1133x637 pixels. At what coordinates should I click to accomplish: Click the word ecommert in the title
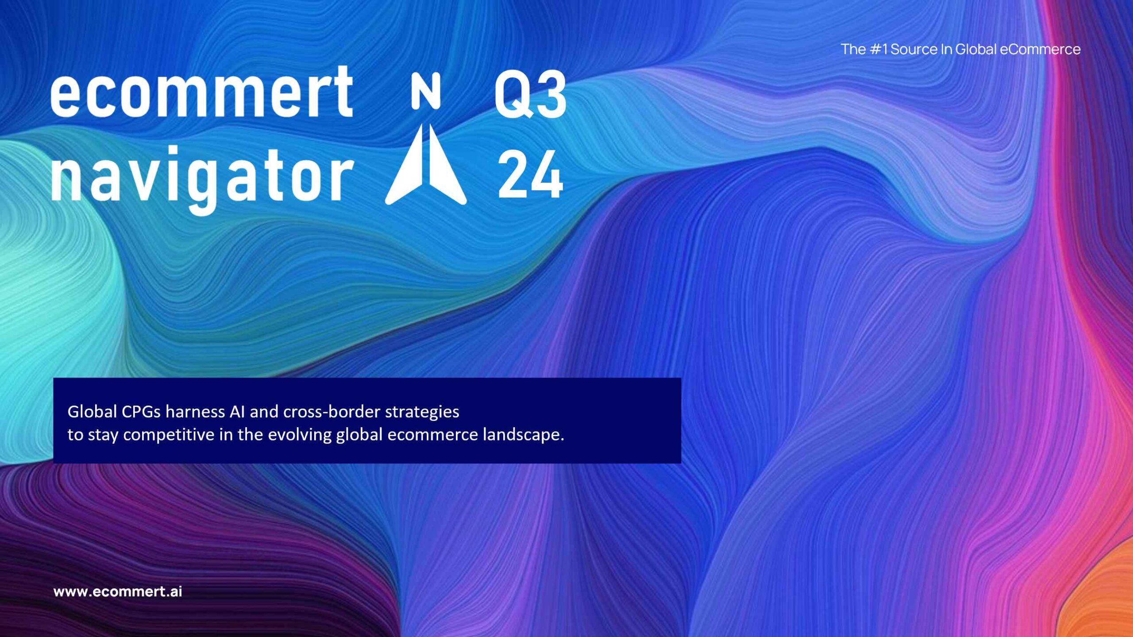[x=202, y=92]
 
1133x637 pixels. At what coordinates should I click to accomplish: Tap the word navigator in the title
[x=202, y=179]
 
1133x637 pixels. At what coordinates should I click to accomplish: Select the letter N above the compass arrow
[x=426, y=91]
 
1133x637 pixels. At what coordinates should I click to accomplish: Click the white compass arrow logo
[x=426, y=164]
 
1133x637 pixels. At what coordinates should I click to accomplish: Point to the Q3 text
[x=530, y=94]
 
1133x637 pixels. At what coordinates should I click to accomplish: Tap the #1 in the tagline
[x=879, y=49]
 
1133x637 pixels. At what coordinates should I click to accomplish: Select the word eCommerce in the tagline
[x=1040, y=49]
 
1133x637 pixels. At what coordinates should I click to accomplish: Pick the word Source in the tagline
[x=914, y=49]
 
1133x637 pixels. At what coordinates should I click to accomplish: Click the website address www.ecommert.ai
[x=118, y=591]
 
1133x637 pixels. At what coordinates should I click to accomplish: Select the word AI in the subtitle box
[x=237, y=412]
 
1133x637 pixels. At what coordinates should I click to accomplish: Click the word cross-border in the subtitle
[x=331, y=412]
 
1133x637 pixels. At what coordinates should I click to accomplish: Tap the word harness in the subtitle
[x=195, y=412]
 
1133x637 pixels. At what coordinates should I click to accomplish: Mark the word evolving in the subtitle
[x=300, y=435]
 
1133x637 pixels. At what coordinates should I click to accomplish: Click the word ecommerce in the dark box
[x=433, y=435]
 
